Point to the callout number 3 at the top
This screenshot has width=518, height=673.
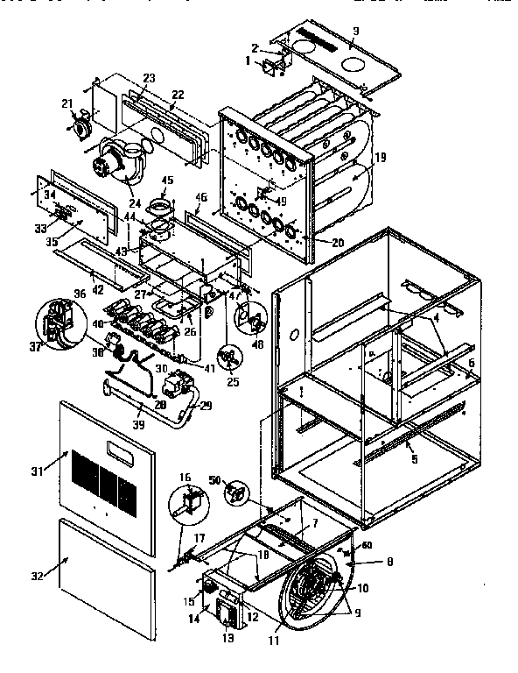click(x=355, y=32)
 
